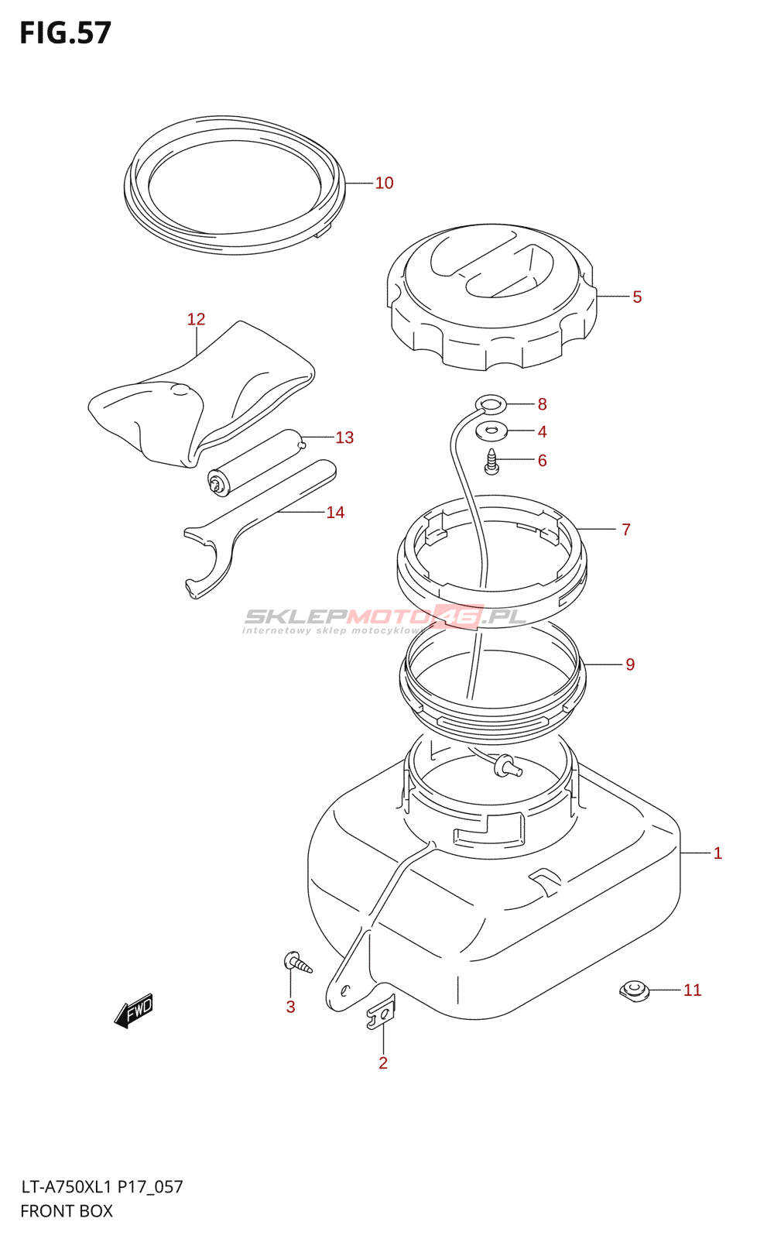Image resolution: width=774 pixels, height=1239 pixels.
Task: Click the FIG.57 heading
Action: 66,33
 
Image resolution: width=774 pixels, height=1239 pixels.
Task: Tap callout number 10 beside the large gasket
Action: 384,183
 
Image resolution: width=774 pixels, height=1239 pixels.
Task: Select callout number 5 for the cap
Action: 637,297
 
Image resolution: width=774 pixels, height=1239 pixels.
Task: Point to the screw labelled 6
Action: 491,462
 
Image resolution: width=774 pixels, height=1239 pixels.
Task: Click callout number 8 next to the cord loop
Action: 542,404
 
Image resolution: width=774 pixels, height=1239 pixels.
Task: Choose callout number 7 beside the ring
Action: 625,530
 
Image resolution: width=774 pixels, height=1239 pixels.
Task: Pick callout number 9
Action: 630,664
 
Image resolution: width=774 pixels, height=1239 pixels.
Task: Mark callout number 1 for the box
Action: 717,853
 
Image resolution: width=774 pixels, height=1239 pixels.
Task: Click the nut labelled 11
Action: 634,990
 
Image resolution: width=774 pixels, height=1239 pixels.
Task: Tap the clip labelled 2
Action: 380,1014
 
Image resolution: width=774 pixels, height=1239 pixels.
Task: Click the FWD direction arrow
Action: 134,1011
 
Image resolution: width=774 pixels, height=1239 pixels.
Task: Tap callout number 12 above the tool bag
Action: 196,319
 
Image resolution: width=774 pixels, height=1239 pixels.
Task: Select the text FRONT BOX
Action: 67,1211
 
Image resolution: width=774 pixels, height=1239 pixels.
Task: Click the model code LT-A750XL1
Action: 67,1186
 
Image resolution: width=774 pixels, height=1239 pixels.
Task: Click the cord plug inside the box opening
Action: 507,766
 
